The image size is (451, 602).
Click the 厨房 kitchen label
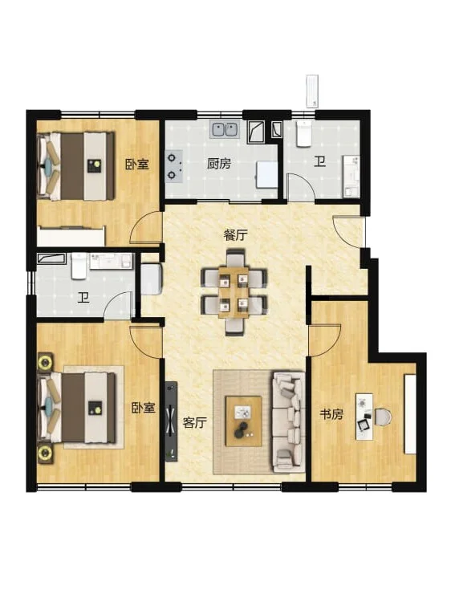coord(219,164)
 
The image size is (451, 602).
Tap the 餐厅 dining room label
coord(235,235)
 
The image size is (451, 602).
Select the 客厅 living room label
coord(194,423)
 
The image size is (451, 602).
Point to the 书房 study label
coord(331,414)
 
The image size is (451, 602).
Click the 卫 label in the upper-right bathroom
coord(319,161)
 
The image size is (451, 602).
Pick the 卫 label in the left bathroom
coord(83,298)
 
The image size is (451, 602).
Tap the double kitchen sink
coord(225,129)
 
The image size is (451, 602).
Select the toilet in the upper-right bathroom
coord(303,134)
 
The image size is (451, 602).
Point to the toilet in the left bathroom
coord(79,266)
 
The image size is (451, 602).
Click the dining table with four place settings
coord(234,292)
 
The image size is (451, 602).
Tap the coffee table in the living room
coord(244,421)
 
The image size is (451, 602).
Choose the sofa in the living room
coord(288,421)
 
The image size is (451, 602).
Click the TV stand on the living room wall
coord(171,421)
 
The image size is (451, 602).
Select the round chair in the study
coord(383,417)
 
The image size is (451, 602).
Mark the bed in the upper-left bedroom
coord(76,166)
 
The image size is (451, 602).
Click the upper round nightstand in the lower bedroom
coord(46,362)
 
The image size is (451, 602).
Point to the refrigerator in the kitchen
coord(267,175)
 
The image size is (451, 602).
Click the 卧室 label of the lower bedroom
coord(144,408)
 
